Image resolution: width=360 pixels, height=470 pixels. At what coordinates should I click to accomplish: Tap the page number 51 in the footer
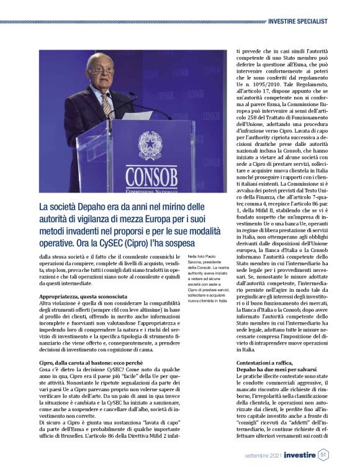coord(323,455)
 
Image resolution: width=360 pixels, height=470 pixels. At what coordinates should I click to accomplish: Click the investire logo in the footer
coord(297,456)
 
